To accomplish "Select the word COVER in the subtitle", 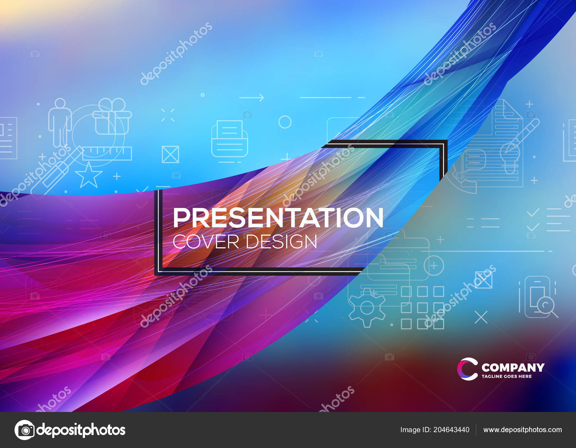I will (x=206, y=241).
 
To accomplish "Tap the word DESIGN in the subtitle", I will (x=282, y=241).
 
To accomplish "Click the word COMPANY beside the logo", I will (x=513, y=367).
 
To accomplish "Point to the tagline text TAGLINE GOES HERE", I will (x=507, y=376).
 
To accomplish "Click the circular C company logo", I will (x=467, y=369).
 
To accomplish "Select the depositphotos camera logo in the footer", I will (x=24, y=430).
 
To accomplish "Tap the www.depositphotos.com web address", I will (x=522, y=430).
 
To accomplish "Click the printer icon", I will (x=230, y=139).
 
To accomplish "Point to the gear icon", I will (x=367, y=308).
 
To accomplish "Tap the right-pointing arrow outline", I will (x=252, y=97).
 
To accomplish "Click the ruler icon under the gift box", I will (x=107, y=153).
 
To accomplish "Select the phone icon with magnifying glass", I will (x=539, y=297).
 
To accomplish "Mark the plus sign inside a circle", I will (x=434, y=266).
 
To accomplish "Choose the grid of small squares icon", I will (x=422, y=308).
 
